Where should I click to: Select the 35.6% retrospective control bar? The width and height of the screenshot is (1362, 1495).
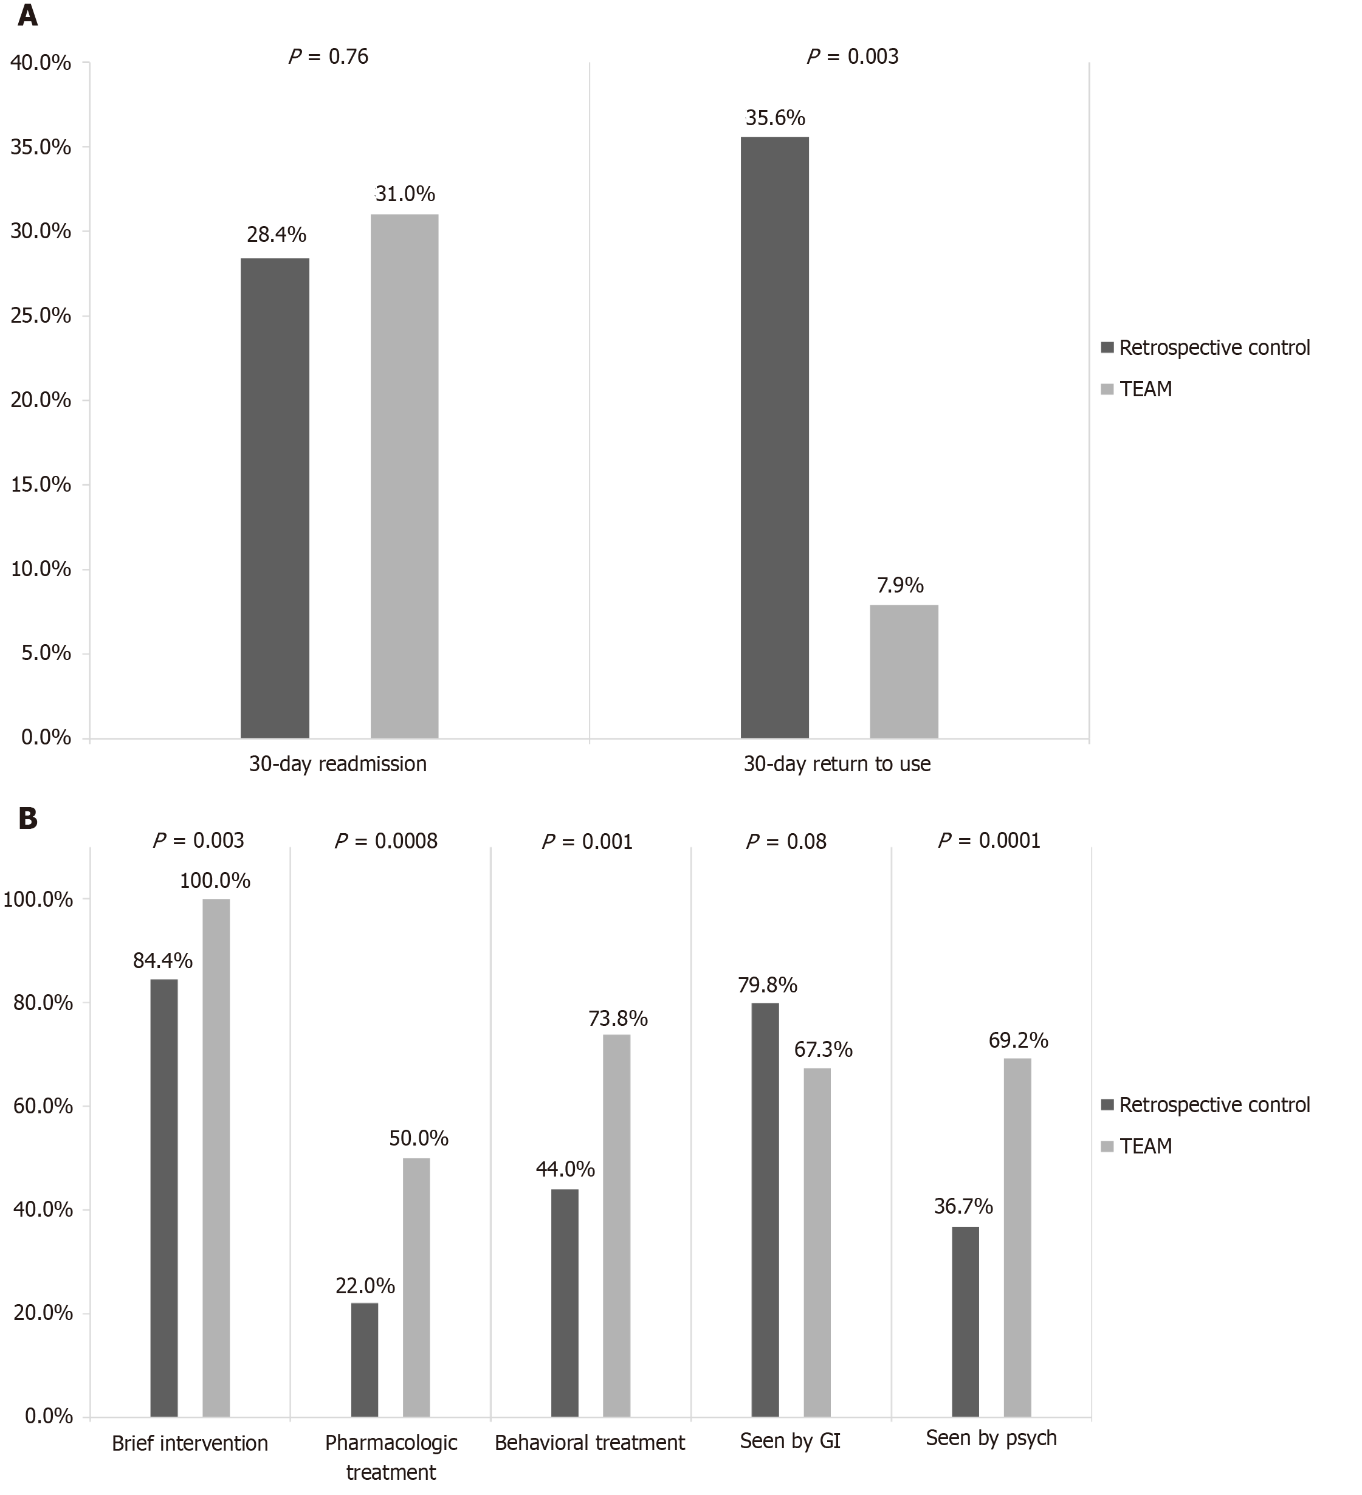coord(774,438)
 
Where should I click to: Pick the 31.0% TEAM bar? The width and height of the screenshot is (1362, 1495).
coord(404,476)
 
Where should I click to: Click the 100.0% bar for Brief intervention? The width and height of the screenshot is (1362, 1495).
coord(216,1158)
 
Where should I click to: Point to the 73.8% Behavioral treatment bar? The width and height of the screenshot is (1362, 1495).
coord(616,1226)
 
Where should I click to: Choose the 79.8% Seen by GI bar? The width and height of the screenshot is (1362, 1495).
coord(765,1209)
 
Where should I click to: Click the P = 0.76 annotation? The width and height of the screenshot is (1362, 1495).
coord(328,57)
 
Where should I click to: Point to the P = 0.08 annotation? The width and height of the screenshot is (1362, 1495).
coord(786,841)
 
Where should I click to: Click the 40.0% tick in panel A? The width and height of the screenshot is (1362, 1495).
coord(41,63)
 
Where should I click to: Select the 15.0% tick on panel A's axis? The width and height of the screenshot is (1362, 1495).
coord(41,485)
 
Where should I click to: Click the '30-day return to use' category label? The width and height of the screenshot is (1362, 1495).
coord(836,764)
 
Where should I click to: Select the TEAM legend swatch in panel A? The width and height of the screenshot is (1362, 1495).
coord(1108,390)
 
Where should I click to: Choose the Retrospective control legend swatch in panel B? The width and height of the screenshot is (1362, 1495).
coord(1108,1105)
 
